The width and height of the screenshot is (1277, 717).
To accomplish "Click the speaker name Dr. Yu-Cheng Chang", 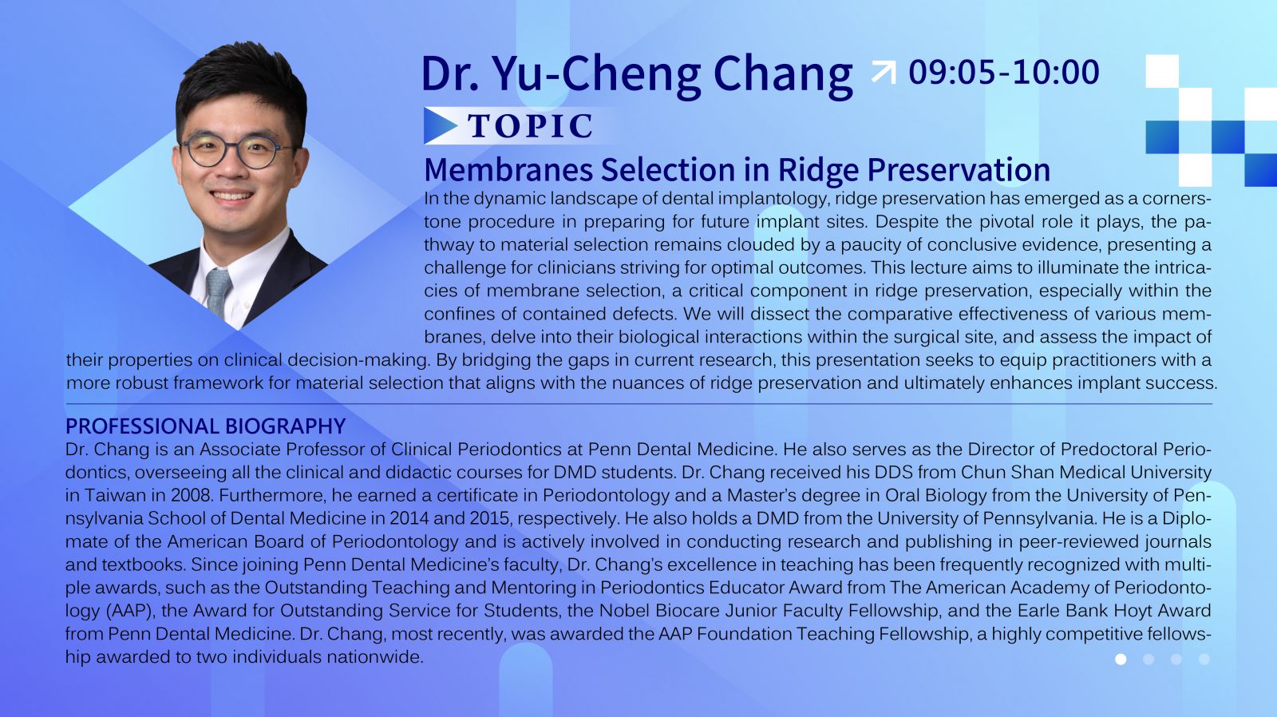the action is click(x=637, y=74).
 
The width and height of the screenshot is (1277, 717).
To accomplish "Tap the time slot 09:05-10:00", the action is click(x=1004, y=73).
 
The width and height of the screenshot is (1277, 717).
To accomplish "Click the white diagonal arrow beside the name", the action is click(x=884, y=73).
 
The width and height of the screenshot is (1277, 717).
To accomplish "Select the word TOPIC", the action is click(x=531, y=125).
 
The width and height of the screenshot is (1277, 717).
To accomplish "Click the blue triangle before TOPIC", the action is click(x=440, y=125).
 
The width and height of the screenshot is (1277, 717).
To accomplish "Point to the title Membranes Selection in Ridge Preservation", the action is click(x=737, y=169).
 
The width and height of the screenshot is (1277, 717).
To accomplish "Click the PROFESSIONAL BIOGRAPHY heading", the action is click(x=205, y=426).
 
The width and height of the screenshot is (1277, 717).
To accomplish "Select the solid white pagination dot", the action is click(x=1121, y=660).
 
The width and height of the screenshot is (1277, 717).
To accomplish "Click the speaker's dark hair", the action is click(x=243, y=80).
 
